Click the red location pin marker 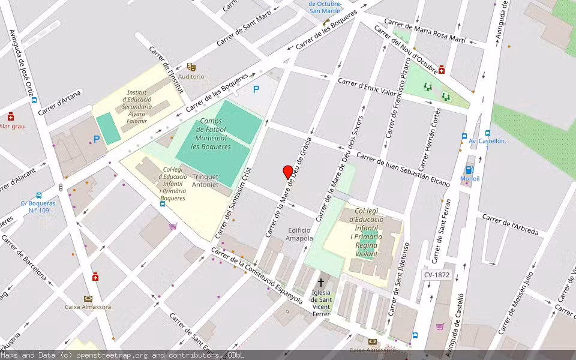tap(288, 172)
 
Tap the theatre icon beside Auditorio tap(191, 67)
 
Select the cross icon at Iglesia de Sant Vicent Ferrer tap(321, 282)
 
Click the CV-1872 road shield tap(436, 275)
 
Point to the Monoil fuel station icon tap(469, 170)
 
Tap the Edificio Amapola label tap(299, 234)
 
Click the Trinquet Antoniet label tap(205, 181)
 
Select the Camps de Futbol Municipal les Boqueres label tap(211, 134)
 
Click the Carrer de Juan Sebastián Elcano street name tap(403, 170)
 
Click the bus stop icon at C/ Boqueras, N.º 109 tap(39, 196)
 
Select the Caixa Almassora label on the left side tap(88, 307)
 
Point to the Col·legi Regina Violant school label tap(366, 232)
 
